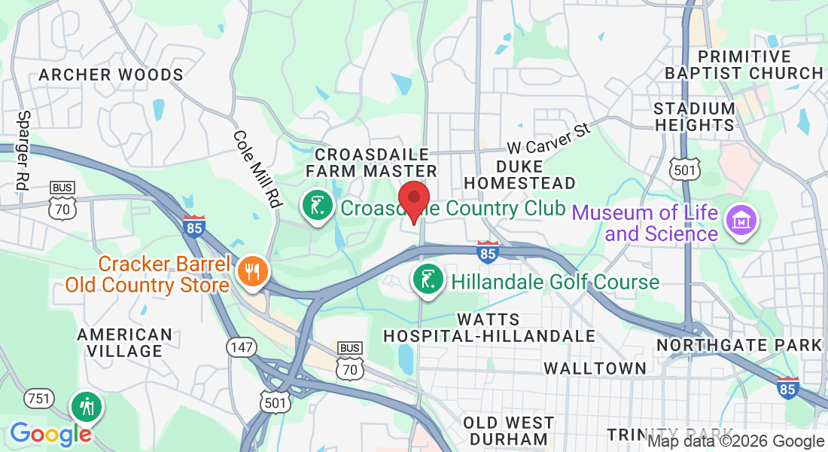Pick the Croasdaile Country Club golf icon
(317, 205)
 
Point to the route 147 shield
(242, 347)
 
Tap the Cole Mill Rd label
(257, 169)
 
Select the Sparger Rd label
(22, 150)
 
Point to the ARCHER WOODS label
(111, 75)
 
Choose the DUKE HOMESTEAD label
(519, 173)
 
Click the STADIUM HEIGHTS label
(694, 116)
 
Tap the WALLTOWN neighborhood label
(595, 368)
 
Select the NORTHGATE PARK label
(739, 345)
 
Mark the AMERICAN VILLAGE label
(124, 342)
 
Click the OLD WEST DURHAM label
(508, 430)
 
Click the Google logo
(50, 434)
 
